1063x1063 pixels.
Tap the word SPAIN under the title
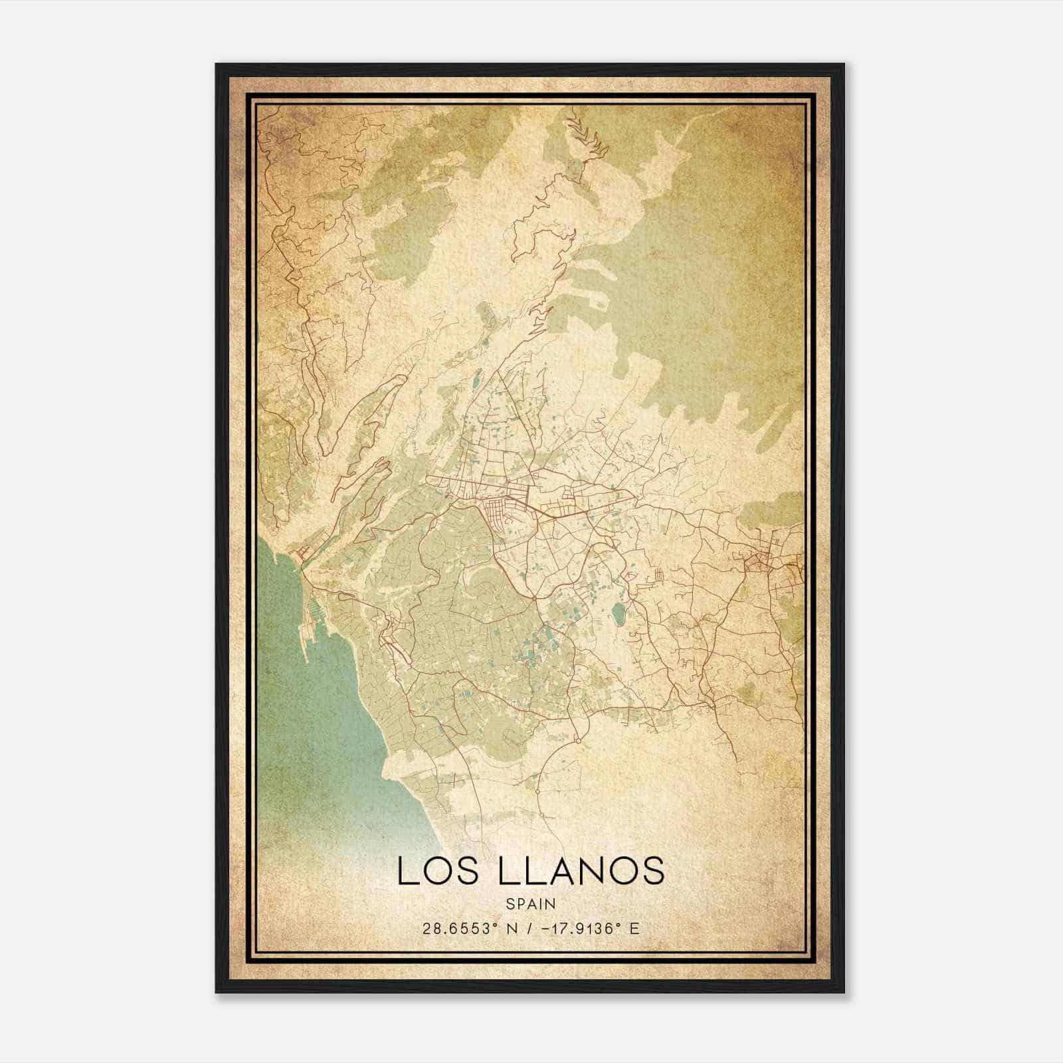[531, 904]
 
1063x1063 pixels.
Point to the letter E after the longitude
[634, 928]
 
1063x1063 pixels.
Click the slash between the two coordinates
[529, 928]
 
